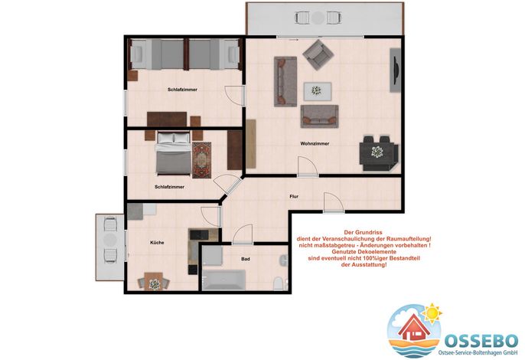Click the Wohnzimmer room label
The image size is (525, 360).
pyautogui.click(x=315, y=143)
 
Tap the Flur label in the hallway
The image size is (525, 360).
pyautogui.click(x=294, y=196)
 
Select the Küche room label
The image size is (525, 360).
pyautogui.click(x=157, y=242)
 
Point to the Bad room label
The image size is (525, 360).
pyautogui.click(x=246, y=259)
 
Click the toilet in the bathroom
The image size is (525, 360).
pyautogui.click(x=279, y=283)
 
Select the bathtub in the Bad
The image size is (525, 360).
pyautogui.click(x=224, y=280)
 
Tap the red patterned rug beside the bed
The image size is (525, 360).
pyautogui.click(x=201, y=160)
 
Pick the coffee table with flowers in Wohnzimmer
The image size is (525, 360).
pyautogui.click(x=318, y=91)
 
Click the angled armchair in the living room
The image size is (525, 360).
pyautogui.click(x=318, y=54)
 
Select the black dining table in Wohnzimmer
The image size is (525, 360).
pyautogui.click(x=377, y=153)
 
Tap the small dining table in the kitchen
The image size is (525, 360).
pyautogui.click(x=154, y=282)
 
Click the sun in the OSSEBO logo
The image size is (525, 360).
pyautogui.click(x=432, y=313)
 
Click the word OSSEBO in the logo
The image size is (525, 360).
pyautogui.click(x=481, y=341)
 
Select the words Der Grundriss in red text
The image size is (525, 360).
pyautogui.click(x=363, y=232)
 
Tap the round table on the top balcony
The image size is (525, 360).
pyautogui.click(x=318, y=18)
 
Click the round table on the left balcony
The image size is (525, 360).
pyautogui.click(x=110, y=240)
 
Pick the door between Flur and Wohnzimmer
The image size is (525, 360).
pyautogui.click(x=308, y=166)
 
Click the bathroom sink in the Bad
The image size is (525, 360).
pyautogui.click(x=284, y=260)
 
